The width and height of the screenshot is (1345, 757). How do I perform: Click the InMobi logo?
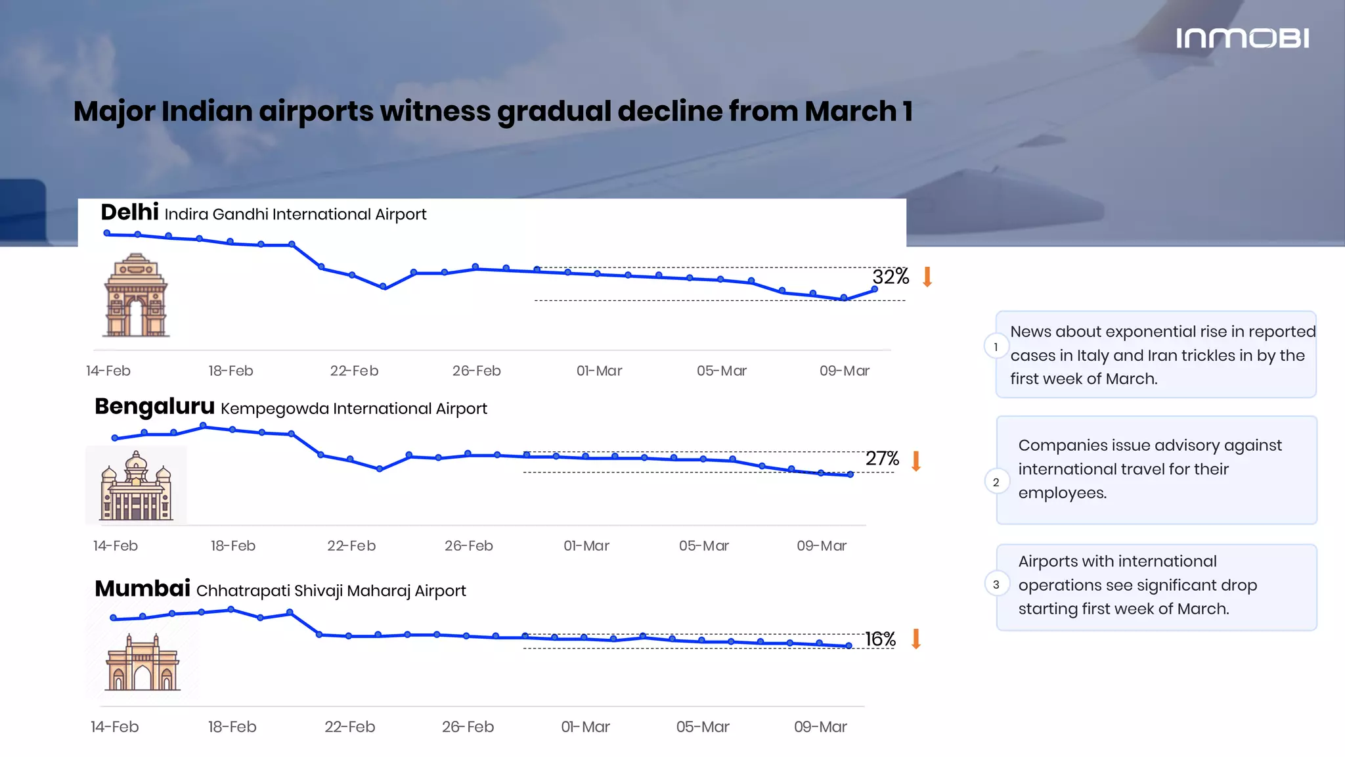point(1242,38)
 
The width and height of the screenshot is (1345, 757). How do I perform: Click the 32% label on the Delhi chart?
point(891,277)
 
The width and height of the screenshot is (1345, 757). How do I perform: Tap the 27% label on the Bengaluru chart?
point(882,458)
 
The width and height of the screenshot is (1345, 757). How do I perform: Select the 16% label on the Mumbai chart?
point(880,639)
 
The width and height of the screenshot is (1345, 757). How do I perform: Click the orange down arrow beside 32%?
point(927,277)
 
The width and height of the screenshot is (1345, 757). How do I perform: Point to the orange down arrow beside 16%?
point(916,639)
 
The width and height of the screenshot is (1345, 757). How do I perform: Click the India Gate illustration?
point(136,296)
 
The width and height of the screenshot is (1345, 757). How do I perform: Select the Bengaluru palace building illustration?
point(136,486)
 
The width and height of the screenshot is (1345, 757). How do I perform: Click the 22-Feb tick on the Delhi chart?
point(354,371)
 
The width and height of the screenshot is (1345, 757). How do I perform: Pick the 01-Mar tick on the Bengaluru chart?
point(586,545)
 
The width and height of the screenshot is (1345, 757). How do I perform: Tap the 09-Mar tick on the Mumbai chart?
point(820,727)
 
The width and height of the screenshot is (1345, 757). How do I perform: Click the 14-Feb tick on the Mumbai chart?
point(115,727)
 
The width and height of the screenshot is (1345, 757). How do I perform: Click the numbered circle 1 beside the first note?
point(996,347)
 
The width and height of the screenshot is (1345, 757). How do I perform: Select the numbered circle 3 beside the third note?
point(996,584)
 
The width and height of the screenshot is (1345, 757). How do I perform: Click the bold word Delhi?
point(129,212)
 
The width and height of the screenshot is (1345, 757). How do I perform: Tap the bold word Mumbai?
point(143,588)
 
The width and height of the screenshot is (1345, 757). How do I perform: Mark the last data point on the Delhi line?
point(874,289)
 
